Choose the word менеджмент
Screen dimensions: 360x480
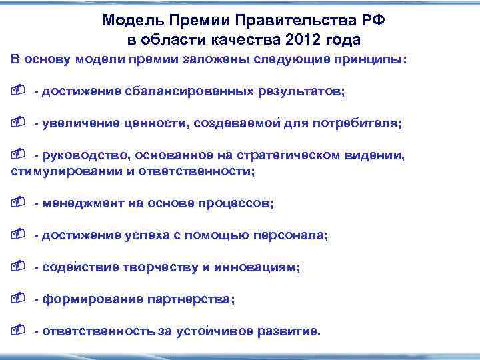point(83,203)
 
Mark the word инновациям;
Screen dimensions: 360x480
point(257,267)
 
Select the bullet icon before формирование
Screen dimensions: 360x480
point(19,299)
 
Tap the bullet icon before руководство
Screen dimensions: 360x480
point(19,155)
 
